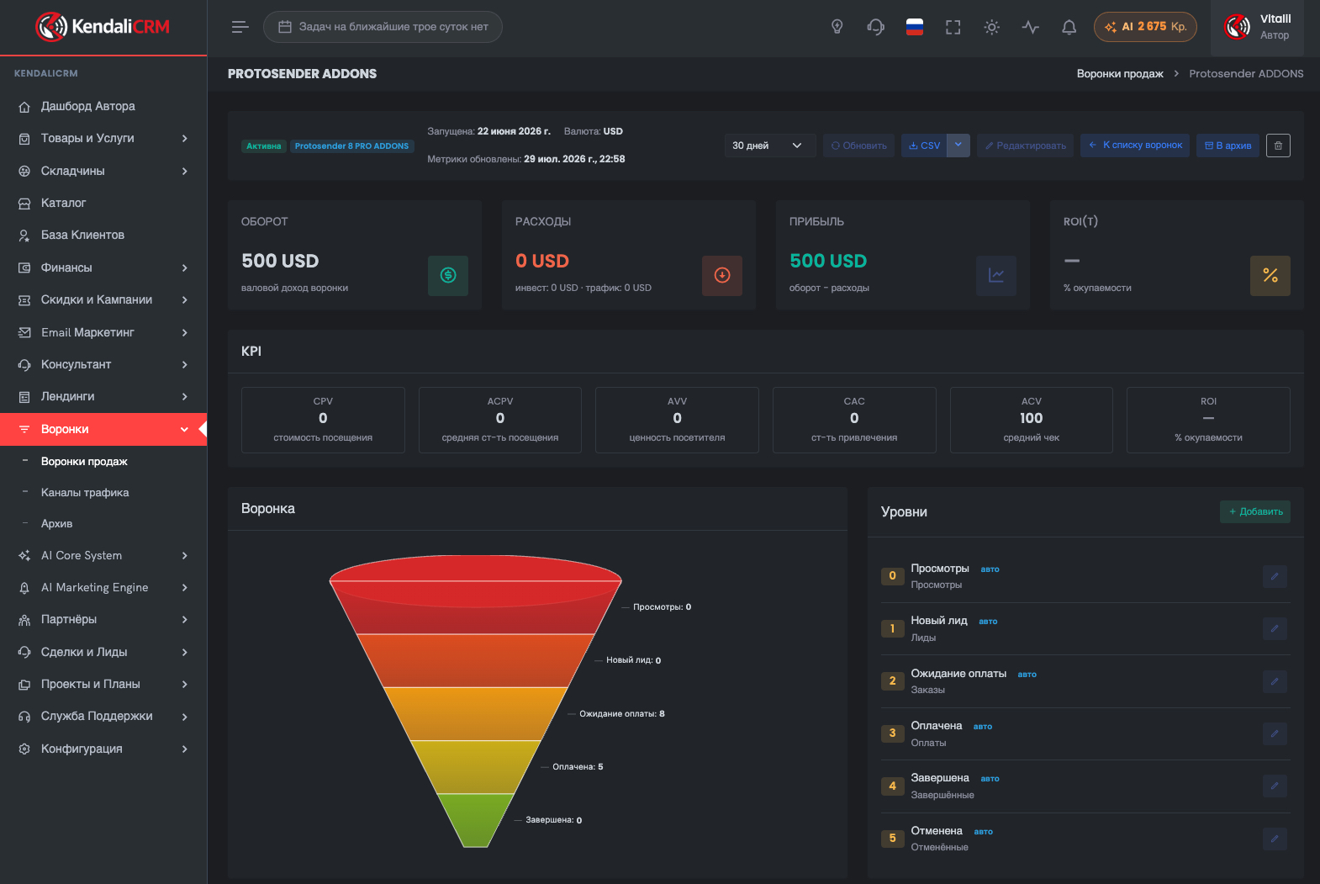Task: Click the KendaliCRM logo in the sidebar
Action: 103,27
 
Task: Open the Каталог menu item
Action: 64,203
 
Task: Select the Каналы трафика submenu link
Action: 85,492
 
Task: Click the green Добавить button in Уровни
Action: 1254,511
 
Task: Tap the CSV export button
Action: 924,146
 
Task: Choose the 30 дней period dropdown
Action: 766,146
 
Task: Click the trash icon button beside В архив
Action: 1278,146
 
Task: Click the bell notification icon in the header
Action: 1069,27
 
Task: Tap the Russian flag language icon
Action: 914,27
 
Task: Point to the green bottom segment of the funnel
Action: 475,819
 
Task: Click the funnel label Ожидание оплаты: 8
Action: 621,714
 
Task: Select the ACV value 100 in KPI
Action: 1032,418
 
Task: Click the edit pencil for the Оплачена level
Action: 1275,733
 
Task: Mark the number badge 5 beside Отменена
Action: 892,838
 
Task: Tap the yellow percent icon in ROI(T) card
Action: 1270,275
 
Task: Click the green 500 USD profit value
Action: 828,261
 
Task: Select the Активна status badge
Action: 263,146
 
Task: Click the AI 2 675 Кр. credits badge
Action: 1145,27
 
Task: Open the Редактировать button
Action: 1026,146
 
